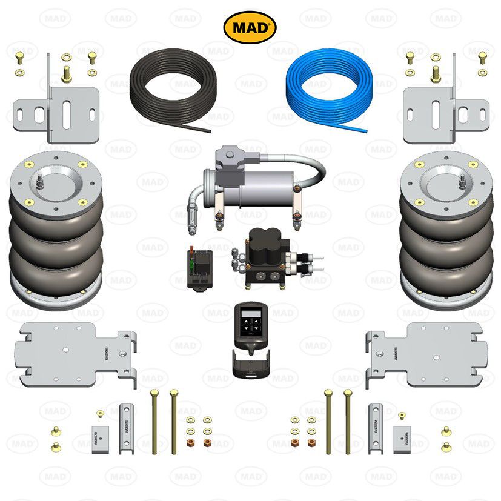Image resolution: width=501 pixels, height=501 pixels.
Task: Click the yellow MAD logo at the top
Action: coord(250,27)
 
